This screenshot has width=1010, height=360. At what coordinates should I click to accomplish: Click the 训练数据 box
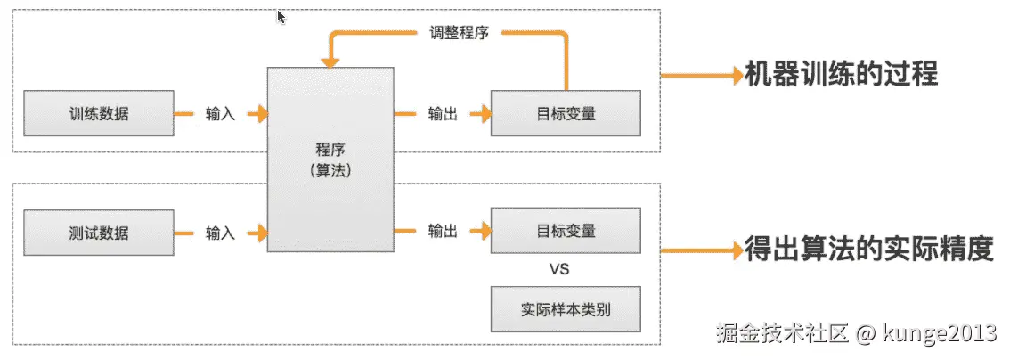point(98,114)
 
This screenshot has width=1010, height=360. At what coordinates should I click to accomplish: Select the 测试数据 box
point(98,233)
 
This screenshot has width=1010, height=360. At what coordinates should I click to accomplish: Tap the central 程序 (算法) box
point(330,160)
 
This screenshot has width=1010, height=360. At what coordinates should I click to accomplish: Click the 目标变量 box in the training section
point(566,114)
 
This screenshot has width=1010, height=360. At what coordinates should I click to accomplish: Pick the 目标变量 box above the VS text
point(566,231)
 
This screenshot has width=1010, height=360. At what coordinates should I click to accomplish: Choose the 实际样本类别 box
point(566,310)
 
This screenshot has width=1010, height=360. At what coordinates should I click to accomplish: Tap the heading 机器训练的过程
point(842,74)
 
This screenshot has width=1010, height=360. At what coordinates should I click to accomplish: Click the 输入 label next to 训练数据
point(220,114)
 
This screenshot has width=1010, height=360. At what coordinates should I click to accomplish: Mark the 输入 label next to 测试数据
point(220,233)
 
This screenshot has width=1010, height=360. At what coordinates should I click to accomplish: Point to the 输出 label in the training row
point(443,114)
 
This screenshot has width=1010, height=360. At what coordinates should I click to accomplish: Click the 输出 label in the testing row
point(443,232)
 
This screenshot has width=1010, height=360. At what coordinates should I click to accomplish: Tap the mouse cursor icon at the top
point(281,17)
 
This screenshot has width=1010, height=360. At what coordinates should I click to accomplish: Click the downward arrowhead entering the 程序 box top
point(330,63)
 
